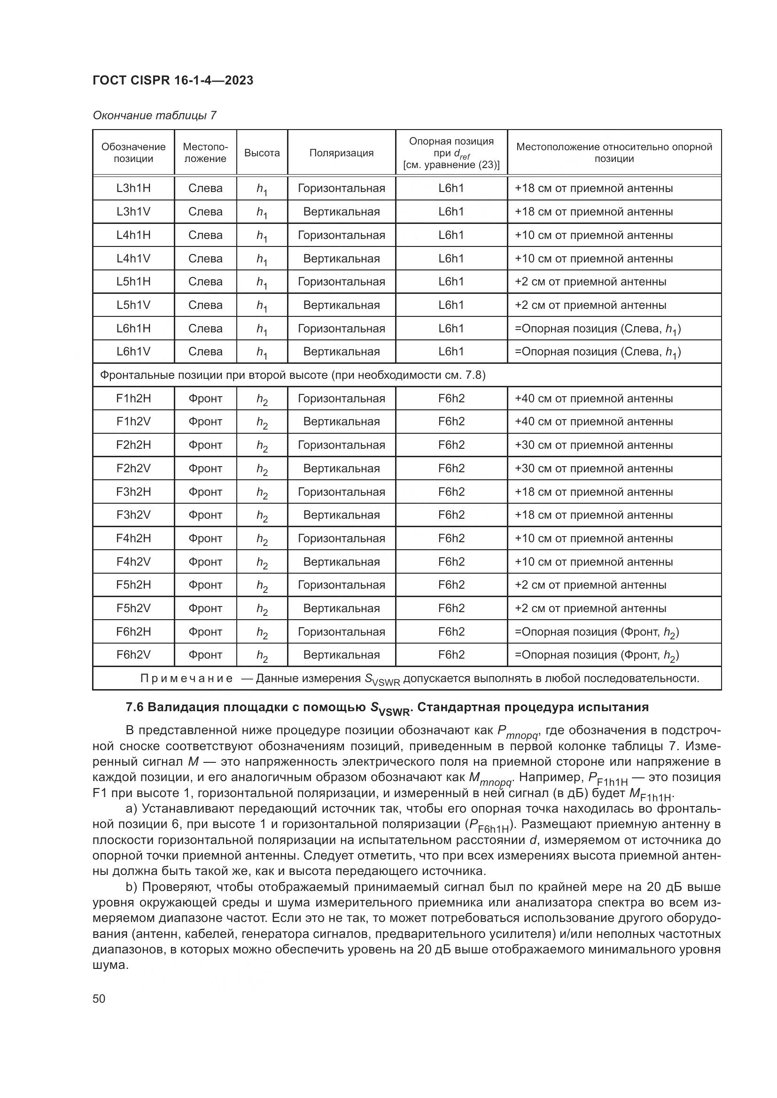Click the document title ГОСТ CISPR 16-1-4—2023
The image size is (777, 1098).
173,80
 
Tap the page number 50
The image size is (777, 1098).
99,998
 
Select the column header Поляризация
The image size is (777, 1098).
341,153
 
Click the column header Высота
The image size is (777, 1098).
262,153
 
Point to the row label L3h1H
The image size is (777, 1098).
133,188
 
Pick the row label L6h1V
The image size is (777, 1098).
133,352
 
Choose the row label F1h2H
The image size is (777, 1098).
133,399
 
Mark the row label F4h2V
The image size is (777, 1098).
133,561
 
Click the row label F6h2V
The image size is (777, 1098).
133,655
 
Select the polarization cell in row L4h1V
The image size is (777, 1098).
341,258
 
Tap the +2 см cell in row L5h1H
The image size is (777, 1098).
590,282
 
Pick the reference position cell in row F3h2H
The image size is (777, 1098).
451,491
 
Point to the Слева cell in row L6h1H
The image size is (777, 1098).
205,328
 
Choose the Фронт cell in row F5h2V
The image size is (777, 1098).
205,608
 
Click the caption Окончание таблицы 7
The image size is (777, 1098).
155,115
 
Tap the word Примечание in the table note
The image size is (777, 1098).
186,678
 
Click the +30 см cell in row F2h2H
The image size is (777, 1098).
593,445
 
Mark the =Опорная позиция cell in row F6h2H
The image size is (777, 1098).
596,632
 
